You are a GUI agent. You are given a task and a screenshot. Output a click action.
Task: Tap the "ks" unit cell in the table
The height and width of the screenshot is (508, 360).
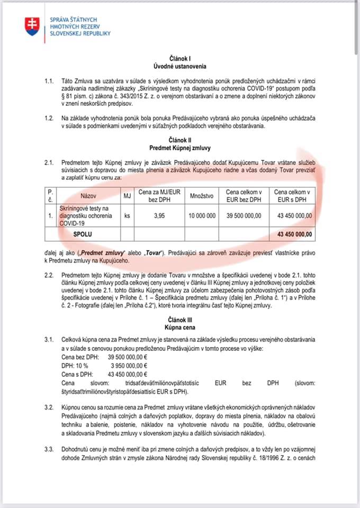tap(127, 216)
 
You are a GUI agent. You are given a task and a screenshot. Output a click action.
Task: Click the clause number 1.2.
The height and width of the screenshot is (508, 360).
tap(50, 120)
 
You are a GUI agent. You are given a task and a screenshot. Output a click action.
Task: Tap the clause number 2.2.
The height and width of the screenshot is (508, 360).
tap(50, 275)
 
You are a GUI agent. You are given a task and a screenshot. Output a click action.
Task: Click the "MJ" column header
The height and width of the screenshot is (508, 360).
tap(127, 196)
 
